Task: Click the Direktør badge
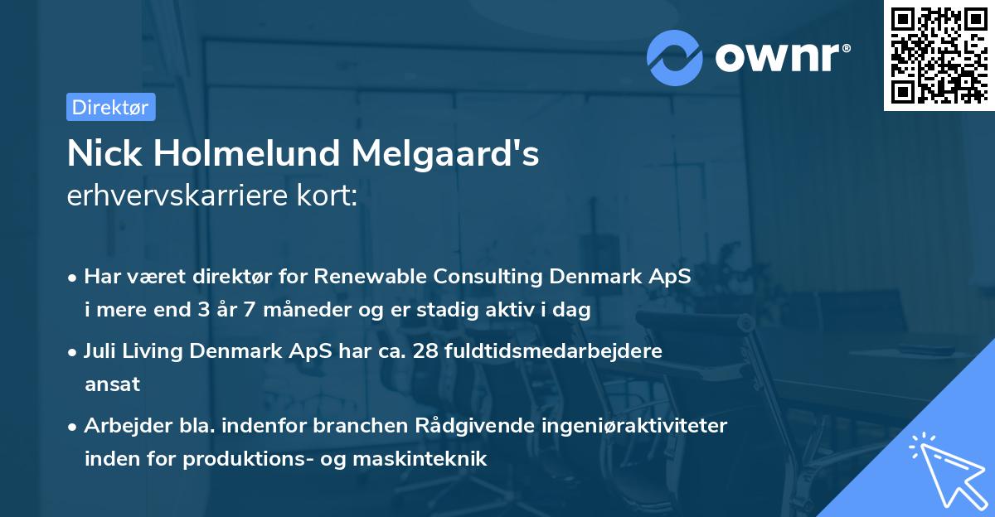[x=110, y=107]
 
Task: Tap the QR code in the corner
[x=939, y=55]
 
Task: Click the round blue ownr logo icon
[x=675, y=58]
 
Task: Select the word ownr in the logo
[x=782, y=58]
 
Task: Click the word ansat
[x=113, y=384]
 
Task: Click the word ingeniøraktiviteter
[x=636, y=426]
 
